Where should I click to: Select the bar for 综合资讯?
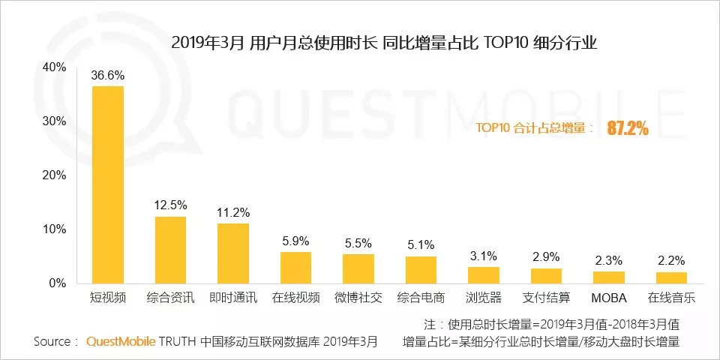tap(170, 250)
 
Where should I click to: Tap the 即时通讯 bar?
tap(233, 253)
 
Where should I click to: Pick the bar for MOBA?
tap(608, 277)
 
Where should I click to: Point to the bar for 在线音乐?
tap(670, 277)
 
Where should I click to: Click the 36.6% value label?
tap(108, 76)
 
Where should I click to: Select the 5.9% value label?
tap(295, 241)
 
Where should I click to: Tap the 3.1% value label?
tap(483, 256)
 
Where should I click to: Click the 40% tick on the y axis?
tap(55, 67)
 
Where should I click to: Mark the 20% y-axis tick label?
tap(55, 175)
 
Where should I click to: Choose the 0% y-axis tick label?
tap(58, 283)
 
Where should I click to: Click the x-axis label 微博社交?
tap(358, 298)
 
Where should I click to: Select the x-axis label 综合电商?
tap(421, 298)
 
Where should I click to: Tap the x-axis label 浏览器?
tap(483, 298)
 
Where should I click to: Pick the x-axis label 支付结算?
tap(545, 298)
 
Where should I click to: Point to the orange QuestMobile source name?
tap(120, 342)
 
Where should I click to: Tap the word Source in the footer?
tap(52, 342)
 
